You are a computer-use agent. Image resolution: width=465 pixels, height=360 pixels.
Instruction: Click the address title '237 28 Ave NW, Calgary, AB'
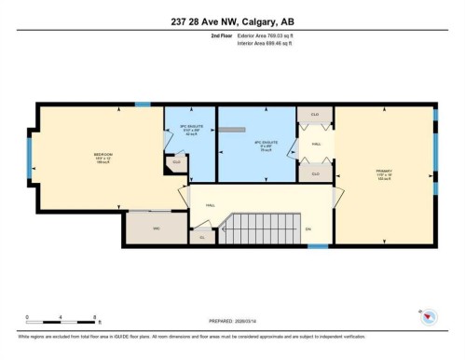[232, 21]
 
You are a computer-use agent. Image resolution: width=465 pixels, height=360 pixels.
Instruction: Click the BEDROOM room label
[103, 156]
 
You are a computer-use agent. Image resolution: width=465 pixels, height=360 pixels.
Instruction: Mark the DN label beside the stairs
[308, 228]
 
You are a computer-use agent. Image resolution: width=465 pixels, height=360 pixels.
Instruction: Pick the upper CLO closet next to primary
[315, 115]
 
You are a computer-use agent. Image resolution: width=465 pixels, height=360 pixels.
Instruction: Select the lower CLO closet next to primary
[315, 173]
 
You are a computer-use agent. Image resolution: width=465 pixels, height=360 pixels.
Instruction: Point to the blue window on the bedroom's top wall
[143, 104]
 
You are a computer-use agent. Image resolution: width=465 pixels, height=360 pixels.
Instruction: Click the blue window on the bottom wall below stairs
[318, 246]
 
